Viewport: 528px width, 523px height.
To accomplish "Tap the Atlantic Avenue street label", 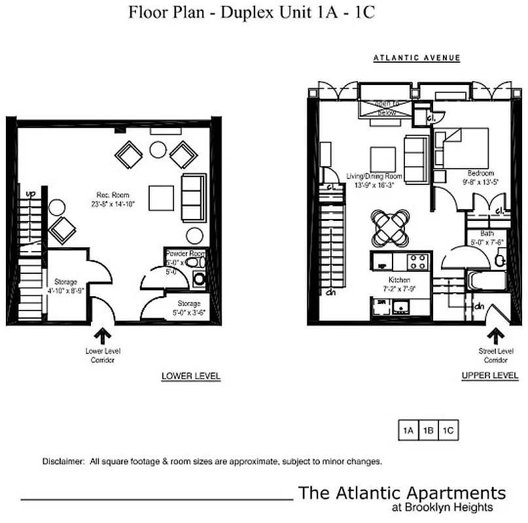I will pyautogui.click(x=417, y=58).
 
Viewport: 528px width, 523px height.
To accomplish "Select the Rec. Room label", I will pyautogui.click(x=112, y=195).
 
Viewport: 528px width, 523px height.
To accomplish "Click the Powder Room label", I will pyautogui.click(x=185, y=253).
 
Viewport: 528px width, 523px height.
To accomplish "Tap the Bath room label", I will pyautogui.click(x=487, y=233).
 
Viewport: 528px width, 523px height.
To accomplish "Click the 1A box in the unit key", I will pyautogui.click(x=409, y=430).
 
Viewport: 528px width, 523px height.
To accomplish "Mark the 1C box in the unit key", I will pyautogui.click(x=448, y=430).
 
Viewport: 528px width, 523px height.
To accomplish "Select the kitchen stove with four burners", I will pyautogui.click(x=419, y=261).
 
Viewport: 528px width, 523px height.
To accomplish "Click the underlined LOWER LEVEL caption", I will pyautogui.click(x=190, y=377).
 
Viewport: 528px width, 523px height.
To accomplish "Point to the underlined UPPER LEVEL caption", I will pyautogui.click(x=490, y=376).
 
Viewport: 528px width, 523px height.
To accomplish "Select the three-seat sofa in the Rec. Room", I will pyautogui.click(x=194, y=197).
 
